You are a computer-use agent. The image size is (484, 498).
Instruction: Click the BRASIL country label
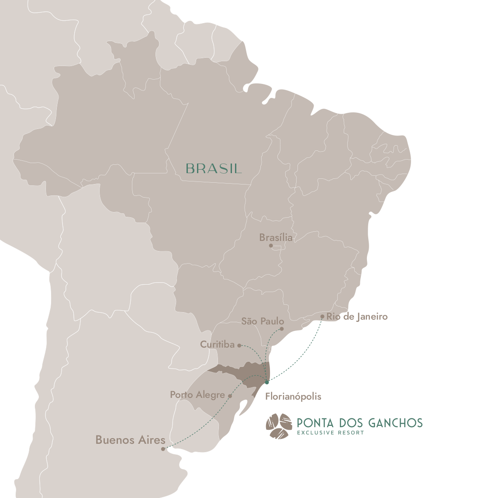point(214,169)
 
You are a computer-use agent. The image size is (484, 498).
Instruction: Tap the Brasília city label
point(276,237)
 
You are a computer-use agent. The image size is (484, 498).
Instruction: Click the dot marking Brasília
point(271,246)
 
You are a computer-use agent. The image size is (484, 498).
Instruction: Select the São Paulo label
point(263,321)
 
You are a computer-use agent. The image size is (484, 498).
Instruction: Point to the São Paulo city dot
point(282,329)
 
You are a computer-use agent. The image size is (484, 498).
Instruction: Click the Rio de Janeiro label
point(357,317)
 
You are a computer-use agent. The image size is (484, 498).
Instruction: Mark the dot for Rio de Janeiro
point(322,317)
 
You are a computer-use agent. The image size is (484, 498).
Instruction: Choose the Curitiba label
point(217,345)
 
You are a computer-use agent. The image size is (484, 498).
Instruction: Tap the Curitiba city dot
point(239,345)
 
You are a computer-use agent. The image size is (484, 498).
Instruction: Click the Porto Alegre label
point(197,395)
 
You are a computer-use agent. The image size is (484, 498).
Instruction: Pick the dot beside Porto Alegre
point(230,396)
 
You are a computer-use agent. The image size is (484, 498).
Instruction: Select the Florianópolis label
point(293,397)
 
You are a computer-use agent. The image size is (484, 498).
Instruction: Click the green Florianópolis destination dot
point(267,382)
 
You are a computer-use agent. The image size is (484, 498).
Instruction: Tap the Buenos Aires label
point(130,440)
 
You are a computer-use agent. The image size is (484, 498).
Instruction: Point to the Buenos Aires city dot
point(163,449)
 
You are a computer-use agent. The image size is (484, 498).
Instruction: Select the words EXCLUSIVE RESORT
point(330,433)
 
